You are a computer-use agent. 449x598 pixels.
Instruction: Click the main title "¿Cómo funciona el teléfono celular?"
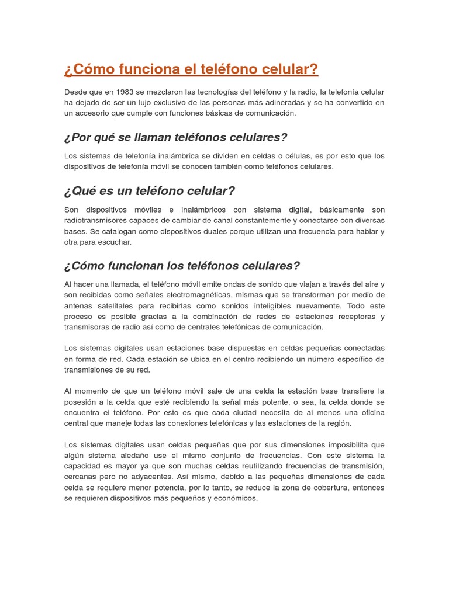click(x=191, y=69)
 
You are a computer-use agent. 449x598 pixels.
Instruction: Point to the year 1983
click(x=125, y=92)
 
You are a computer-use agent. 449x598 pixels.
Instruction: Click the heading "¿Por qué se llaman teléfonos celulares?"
click(x=175, y=137)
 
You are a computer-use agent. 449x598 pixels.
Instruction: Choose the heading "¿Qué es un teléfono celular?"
click(x=149, y=191)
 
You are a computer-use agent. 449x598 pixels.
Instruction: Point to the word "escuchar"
click(x=116, y=242)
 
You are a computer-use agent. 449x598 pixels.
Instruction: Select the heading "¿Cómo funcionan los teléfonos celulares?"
click(x=181, y=266)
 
